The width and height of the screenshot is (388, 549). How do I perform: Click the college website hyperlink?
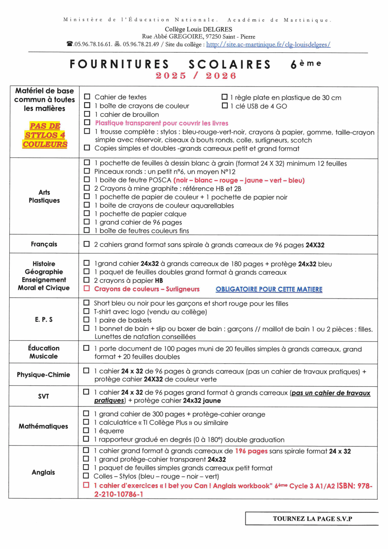pyautogui.click(x=268, y=44)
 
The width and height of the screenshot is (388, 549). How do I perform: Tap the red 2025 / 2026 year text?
pyautogui.click(x=196, y=76)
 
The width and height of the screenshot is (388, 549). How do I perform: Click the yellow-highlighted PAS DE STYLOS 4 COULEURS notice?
pyautogui.click(x=45, y=135)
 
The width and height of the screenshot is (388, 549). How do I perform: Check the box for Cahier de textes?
pyautogui.click(x=87, y=97)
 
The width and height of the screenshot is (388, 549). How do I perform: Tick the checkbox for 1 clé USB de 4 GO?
pyautogui.click(x=225, y=106)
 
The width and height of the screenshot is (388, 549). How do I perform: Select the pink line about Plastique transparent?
pyautogui.click(x=161, y=123)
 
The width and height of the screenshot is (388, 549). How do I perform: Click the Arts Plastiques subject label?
pyautogui.click(x=44, y=196)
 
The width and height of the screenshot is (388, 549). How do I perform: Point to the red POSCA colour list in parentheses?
pyautogui.click(x=239, y=180)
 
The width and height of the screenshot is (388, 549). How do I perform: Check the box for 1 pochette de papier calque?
pyautogui.click(x=87, y=213)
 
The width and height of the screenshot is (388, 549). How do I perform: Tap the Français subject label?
pyautogui.click(x=44, y=244)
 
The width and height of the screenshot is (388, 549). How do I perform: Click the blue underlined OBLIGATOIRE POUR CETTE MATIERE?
pyautogui.click(x=269, y=289)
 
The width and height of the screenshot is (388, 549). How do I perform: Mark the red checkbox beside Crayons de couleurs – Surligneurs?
pyautogui.click(x=86, y=288)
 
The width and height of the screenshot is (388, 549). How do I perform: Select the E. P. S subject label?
pyautogui.click(x=44, y=319)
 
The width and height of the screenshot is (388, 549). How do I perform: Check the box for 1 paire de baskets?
pyautogui.click(x=86, y=320)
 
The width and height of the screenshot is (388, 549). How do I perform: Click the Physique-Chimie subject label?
pyautogui.click(x=43, y=374)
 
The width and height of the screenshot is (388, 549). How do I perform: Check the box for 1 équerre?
pyautogui.click(x=86, y=430)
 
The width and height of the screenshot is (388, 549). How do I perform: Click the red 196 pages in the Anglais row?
pyautogui.click(x=251, y=451)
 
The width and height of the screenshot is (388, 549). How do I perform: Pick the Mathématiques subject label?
pyautogui.click(x=43, y=426)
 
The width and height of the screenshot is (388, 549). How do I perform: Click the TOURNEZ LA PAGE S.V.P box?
pyautogui.click(x=312, y=518)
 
